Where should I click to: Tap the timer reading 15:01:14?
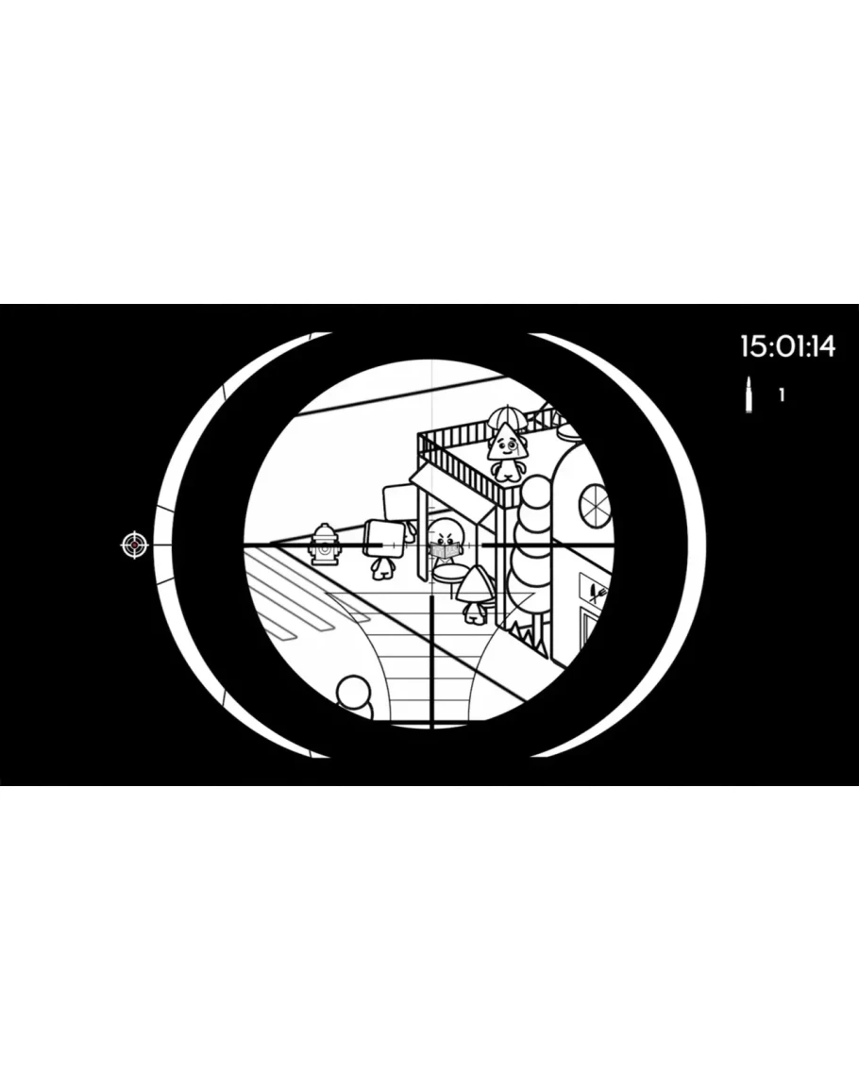(787, 346)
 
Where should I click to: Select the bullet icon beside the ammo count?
(749, 394)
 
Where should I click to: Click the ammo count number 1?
(782, 394)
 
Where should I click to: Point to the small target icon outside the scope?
(135, 545)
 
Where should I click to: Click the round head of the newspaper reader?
(446, 530)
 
